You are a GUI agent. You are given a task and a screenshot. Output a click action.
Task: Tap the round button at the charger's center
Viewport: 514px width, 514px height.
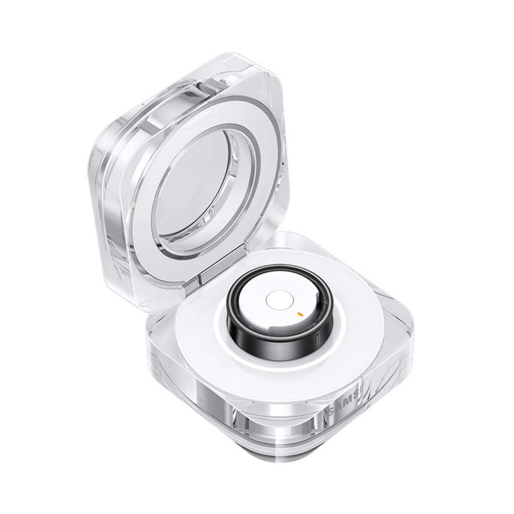click(278, 300)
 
